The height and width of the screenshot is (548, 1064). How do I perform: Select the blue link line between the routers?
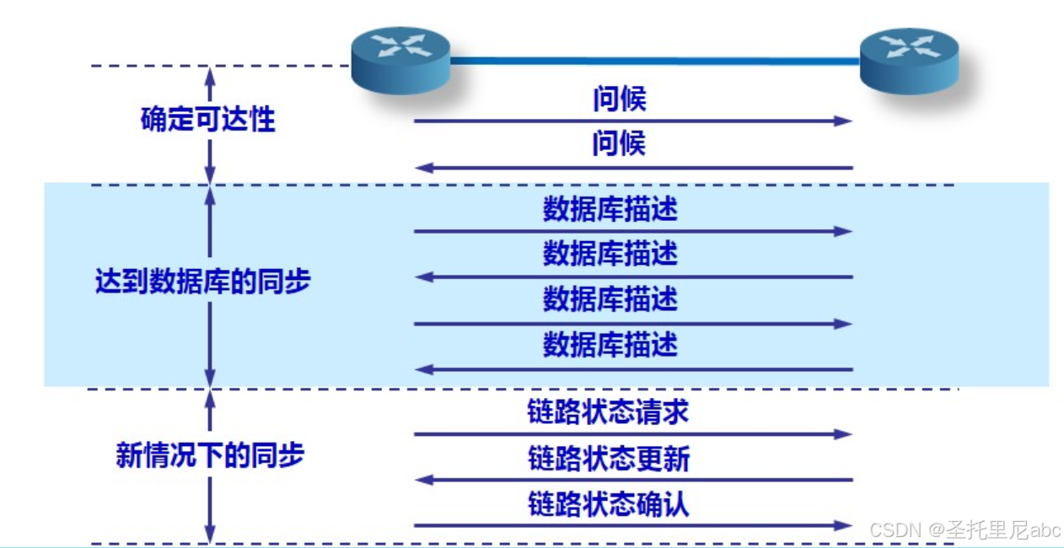coord(654,60)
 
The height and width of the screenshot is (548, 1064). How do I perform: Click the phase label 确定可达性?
coord(207,120)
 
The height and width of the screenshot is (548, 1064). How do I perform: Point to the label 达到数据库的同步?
coord(202,281)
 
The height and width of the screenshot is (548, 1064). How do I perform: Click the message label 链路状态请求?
coord(608,411)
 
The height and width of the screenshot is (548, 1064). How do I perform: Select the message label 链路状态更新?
coord(609,459)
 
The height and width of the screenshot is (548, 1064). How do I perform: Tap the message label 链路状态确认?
coord(608,504)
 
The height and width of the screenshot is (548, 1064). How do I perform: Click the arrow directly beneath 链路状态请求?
coord(632,434)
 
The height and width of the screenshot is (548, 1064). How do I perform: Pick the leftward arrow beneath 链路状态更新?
coord(632,480)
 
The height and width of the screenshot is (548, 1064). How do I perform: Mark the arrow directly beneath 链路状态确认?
coord(632,525)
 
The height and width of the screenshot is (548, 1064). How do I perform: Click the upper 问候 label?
coord(619,99)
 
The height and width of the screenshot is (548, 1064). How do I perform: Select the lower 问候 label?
coord(619,144)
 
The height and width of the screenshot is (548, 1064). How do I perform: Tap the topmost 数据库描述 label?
coord(610,209)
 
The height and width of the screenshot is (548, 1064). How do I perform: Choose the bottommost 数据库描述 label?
coord(610,345)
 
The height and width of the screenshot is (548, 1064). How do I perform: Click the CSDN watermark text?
coord(965,530)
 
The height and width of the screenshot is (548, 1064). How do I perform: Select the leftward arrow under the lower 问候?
coord(632,168)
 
